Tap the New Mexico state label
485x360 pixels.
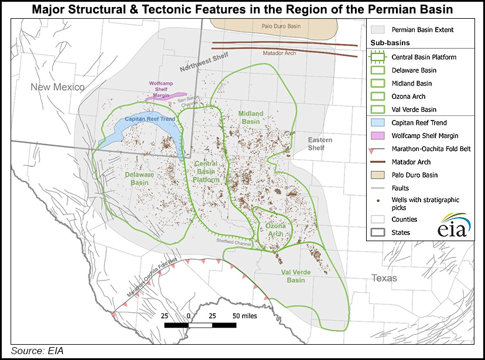pyautogui.click(x=59, y=87)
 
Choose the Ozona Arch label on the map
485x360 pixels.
pyautogui.click(x=275, y=230)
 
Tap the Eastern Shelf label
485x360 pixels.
pyautogui.click(x=320, y=144)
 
